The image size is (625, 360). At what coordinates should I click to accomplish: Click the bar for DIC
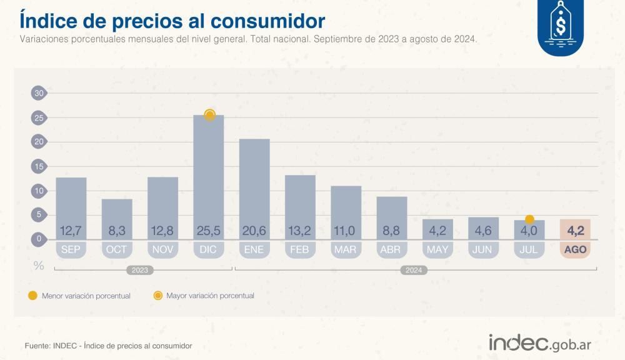click(209, 175)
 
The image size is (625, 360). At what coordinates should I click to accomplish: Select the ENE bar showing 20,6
click(254, 187)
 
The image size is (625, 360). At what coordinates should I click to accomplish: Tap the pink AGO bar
click(575, 229)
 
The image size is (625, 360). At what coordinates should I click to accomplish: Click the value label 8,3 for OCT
click(117, 231)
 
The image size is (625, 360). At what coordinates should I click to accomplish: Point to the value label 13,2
click(300, 231)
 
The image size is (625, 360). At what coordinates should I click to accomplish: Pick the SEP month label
click(71, 249)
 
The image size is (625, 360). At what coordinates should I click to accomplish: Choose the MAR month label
click(346, 249)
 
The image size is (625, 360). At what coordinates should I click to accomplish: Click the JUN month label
click(483, 249)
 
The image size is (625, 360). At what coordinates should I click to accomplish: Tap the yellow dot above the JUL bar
click(529, 219)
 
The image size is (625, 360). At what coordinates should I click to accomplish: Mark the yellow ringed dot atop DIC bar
click(209, 115)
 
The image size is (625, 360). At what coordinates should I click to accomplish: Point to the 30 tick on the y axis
click(39, 93)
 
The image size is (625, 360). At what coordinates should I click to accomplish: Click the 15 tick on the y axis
click(39, 166)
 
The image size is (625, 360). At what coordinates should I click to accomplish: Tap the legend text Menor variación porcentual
click(86, 296)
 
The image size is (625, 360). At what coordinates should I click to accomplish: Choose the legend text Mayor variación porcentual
click(210, 296)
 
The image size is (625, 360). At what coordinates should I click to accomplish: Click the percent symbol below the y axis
click(39, 266)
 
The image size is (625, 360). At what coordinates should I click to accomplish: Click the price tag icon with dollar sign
click(561, 27)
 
